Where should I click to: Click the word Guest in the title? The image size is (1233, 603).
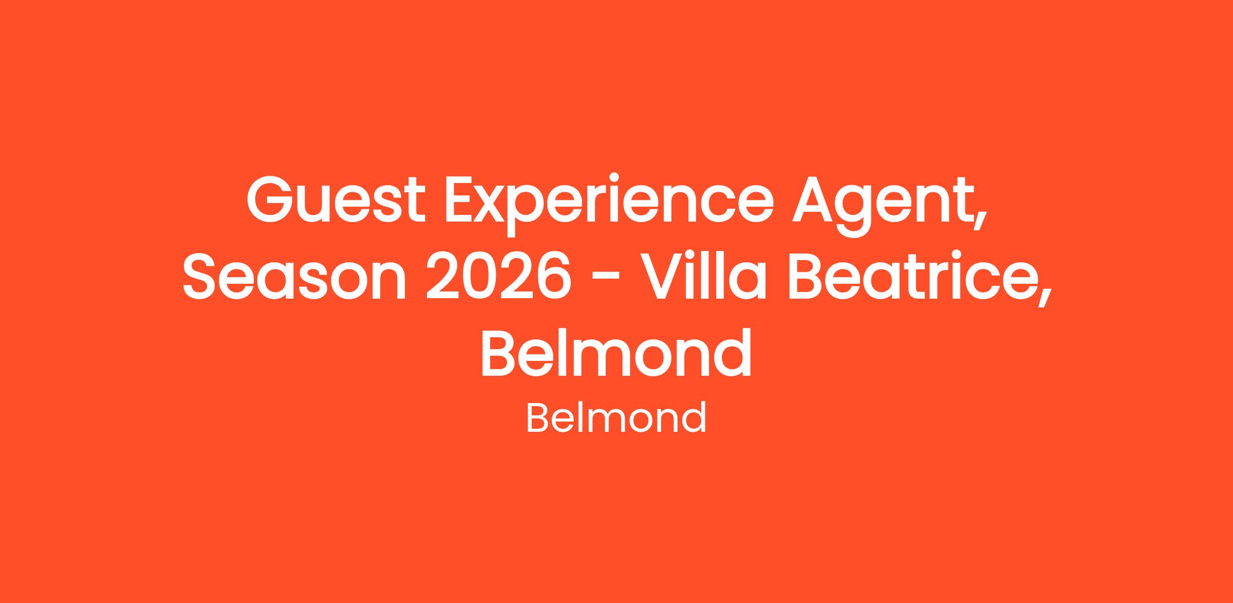336,200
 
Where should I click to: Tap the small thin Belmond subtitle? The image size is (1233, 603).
616,418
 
